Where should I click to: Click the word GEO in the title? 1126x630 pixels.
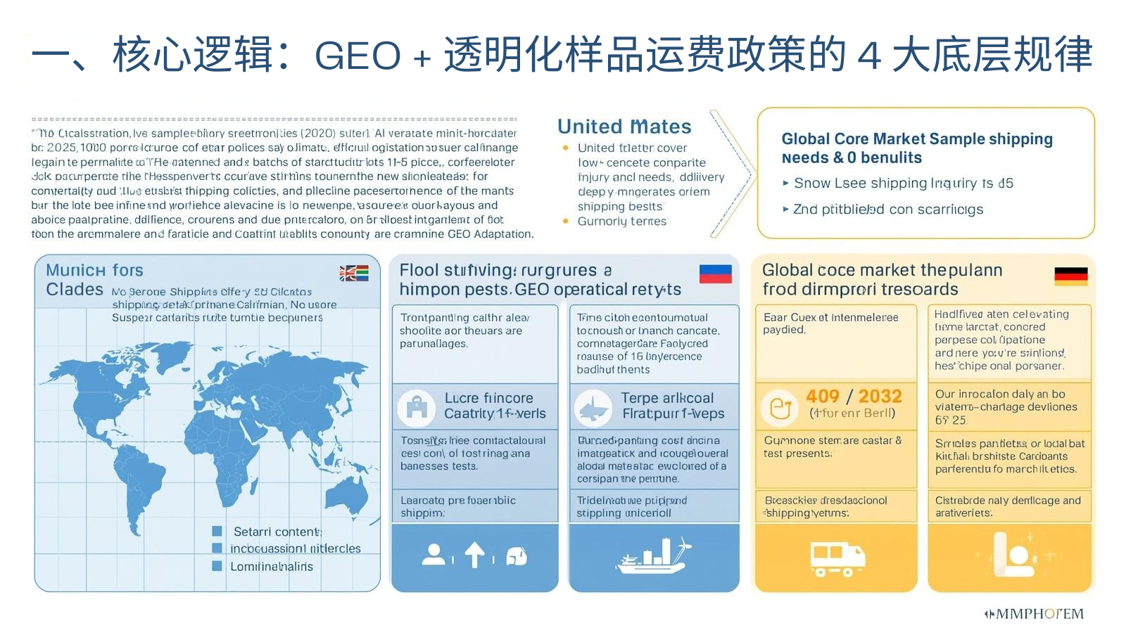[x=358, y=56]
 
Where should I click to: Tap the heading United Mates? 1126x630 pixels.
[x=624, y=127]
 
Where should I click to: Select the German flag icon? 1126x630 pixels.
[x=1070, y=276]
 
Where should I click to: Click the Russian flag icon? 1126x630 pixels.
[x=715, y=274]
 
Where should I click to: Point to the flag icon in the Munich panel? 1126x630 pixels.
[x=354, y=274]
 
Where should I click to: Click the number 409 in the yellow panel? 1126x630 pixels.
[x=823, y=397]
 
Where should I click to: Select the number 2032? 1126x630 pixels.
[x=880, y=397]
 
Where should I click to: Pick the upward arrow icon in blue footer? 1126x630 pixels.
[x=475, y=555]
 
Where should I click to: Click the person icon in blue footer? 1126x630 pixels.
[x=434, y=555]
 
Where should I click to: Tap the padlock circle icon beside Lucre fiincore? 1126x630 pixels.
[x=417, y=406]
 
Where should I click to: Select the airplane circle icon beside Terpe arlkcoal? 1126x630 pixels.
[x=593, y=407]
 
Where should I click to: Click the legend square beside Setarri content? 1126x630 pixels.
[x=217, y=531]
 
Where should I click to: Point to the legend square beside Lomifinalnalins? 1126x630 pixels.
[x=217, y=566]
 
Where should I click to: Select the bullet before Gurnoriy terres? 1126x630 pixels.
[x=566, y=221]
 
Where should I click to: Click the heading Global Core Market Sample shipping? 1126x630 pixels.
[x=917, y=139]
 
